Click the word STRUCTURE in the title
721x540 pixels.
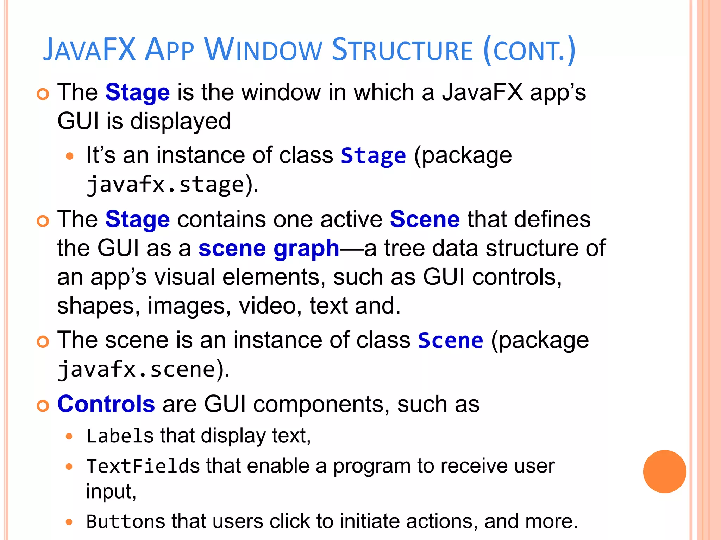click(x=402, y=50)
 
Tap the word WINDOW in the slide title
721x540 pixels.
click(x=263, y=50)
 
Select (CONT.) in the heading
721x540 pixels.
click(x=529, y=50)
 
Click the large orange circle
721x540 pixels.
click(x=664, y=471)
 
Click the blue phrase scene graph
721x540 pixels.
click(x=269, y=249)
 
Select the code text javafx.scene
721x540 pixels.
click(x=137, y=369)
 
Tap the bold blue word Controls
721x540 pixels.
click(x=106, y=404)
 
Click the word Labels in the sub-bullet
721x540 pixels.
click(x=120, y=436)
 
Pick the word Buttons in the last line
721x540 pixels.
click(x=126, y=521)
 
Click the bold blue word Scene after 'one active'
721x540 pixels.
click(x=425, y=219)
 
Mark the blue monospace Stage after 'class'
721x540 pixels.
click(x=373, y=156)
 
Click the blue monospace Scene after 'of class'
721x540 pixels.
click(x=450, y=341)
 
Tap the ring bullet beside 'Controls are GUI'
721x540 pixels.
click(x=43, y=406)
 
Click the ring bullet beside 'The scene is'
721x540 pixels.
click(x=43, y=342)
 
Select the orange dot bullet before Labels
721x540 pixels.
click(x=69, y=437)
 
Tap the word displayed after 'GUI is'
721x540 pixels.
click(x=180, y=121)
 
